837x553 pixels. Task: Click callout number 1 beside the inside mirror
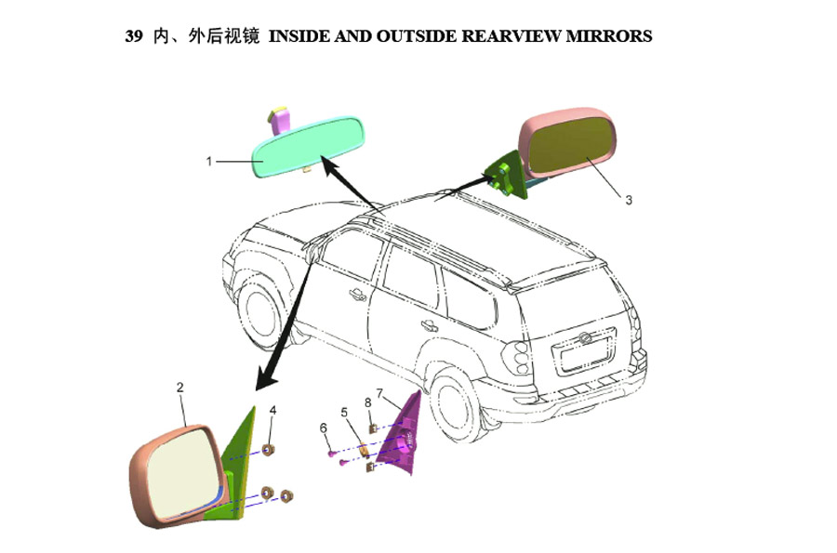[209, 161]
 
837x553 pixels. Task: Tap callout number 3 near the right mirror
[629, 200]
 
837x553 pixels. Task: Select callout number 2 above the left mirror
[179, 388]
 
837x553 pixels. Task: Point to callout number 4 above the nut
[272, 410]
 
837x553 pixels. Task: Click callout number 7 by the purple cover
[380, 393]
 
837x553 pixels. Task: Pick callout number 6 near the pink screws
[323, 428]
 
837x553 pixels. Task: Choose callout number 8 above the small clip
[367, 402]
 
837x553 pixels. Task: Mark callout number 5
[344, 413]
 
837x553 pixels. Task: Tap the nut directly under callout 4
[270, 450]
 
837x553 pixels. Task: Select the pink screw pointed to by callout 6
[332, 454]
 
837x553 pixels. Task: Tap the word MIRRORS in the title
[608, 36]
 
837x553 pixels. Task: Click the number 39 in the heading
[134, 36]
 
